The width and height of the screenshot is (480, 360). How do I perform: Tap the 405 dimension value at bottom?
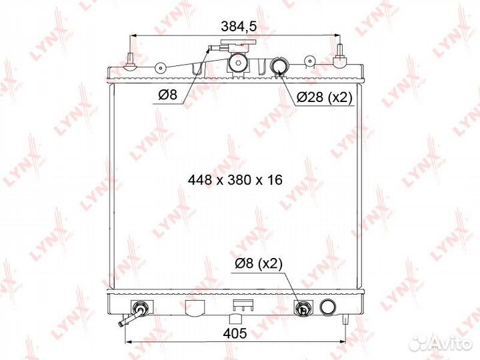click(235, 333)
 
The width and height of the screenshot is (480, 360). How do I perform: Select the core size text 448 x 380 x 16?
click(235, 180)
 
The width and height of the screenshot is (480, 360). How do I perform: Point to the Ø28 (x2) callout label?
click(325, 97)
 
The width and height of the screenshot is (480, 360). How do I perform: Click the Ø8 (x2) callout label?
click(259, 263)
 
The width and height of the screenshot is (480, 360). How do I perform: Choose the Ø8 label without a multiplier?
click(168, 95)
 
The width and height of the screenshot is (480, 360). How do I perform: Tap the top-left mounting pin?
click(130, 61)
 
